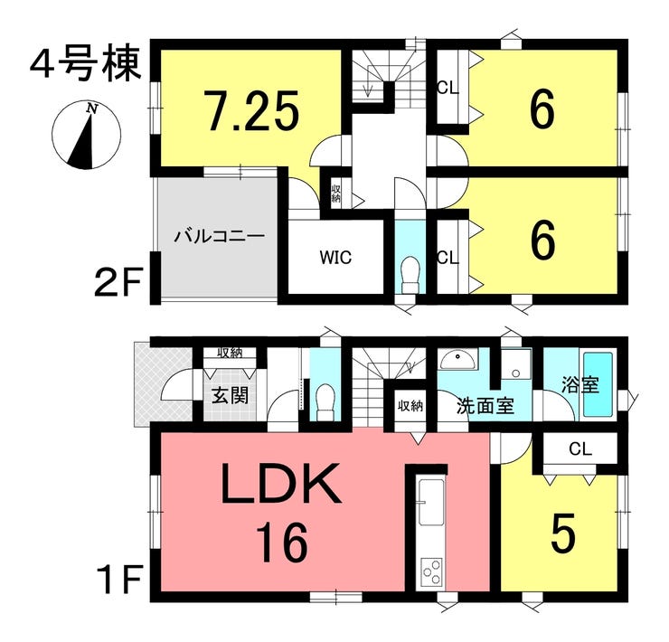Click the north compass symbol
[x=87, y=136]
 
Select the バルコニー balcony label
[x=218, y=237]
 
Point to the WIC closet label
[x=334, y=257]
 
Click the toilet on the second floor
[x=410, y=272]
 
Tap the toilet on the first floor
[x=325, y=399]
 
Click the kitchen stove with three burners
[x=429, y=571]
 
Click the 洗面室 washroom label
[x=485, y=406]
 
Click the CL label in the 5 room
[x=579, y=448]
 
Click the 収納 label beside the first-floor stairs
[x=410, y=406]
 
